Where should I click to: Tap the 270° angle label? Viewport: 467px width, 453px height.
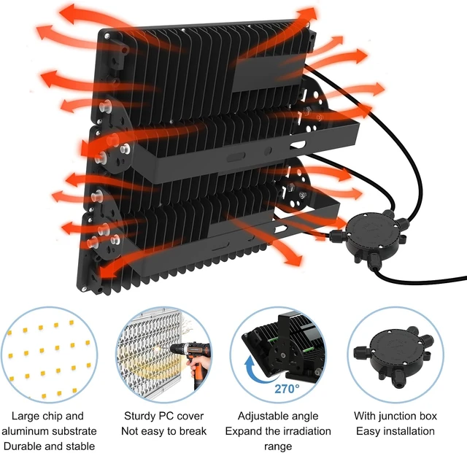(287, 389)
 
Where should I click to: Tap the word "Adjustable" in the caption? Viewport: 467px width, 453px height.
(260, 416)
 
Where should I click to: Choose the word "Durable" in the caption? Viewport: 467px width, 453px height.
(23, 446)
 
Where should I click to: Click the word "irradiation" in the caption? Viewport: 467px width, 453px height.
(306, 431)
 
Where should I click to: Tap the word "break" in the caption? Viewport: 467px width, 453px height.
(193, 431)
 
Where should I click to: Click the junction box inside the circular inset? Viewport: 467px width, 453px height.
(393, 354)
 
